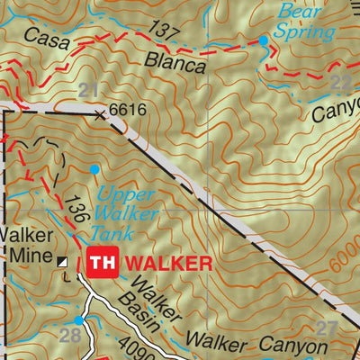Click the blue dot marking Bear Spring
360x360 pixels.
coord(264,40)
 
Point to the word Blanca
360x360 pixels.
coord(179,64)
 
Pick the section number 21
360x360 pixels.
coord(87,89)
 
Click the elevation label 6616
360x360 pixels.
coord(127,111)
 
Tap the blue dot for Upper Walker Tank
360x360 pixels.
coord(94,168)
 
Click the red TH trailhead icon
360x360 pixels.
coord(100,263)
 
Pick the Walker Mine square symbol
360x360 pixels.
coord(62,262)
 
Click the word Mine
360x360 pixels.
coord(28,255)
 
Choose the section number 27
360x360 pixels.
coord(325,328)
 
